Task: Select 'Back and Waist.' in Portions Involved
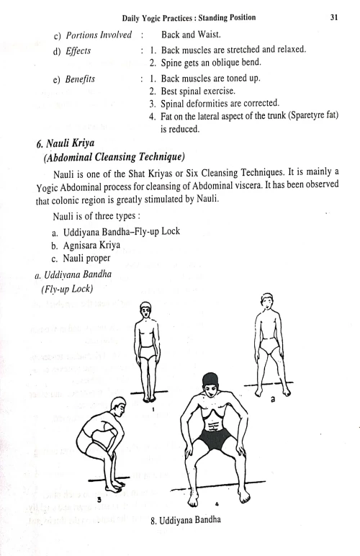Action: tap(184, 34)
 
